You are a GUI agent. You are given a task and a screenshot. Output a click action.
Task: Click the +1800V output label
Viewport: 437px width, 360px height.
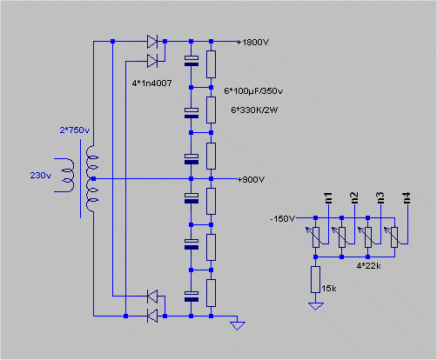click(253, 43)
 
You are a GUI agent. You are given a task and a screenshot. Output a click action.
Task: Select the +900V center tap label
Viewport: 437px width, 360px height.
click(251, 180)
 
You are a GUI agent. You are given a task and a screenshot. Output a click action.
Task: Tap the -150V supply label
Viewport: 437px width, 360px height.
click(282, 218)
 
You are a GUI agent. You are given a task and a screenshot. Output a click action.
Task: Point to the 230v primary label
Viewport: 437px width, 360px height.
click(41, 176)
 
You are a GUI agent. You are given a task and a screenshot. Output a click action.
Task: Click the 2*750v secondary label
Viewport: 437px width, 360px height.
click(75, 130)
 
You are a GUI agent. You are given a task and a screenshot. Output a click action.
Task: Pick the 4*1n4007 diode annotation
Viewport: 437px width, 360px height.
click(151, 83)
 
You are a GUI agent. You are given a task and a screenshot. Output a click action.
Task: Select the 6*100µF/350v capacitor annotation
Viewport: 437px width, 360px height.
click(253, 91)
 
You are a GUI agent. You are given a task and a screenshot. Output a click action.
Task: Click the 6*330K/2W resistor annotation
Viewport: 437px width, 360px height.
click(254, 110)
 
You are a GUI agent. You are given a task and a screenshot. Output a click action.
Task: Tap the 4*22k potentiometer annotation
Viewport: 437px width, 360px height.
click(368, 266)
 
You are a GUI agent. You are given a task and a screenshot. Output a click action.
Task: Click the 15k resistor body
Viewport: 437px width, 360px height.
click(315, 280)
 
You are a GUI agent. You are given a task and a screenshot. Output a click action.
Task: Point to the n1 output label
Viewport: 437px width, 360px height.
click(328, 198)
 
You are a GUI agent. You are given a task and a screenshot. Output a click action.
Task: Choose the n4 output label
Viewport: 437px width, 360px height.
click(407, 198)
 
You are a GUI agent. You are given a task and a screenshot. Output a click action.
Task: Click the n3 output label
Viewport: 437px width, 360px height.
click(380, 198)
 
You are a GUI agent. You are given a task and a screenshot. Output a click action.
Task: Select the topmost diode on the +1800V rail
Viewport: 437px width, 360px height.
click(152, 42)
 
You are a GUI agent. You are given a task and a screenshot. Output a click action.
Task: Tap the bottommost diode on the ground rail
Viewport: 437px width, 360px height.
click(152, 316)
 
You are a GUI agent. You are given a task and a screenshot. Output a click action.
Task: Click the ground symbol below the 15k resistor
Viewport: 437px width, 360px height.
click(315, 306)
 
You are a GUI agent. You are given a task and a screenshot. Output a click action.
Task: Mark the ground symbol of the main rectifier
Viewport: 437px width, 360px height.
click(238, 325)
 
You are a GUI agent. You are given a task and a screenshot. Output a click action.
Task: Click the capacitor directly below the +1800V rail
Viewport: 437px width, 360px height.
click(192, 61)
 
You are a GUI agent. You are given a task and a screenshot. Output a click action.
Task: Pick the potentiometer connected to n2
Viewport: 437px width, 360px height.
click(340, 237)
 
